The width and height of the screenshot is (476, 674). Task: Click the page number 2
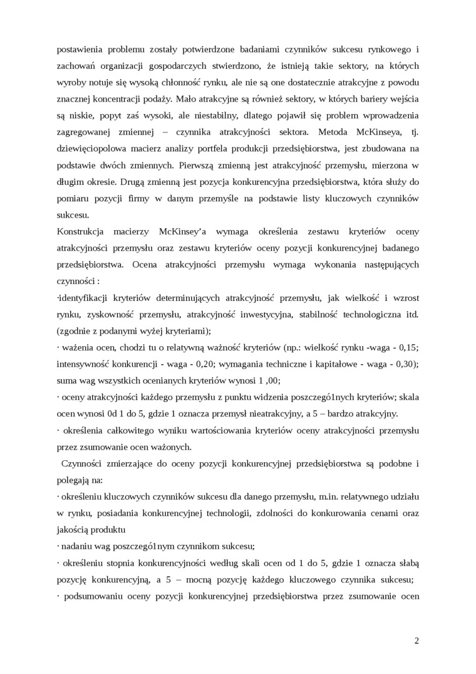point(416,640)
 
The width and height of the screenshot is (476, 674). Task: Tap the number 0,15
point(407,347)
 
